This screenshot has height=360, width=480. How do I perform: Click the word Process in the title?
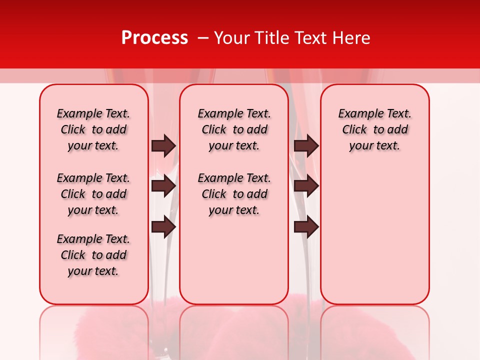tap(154, 38)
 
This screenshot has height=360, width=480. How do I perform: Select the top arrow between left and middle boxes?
tap(163, 145)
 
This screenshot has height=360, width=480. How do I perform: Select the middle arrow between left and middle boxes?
tap(163, 186)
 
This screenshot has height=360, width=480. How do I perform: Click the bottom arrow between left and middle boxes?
tap(163, 227)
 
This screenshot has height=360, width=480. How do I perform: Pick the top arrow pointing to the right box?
tap(306, 145)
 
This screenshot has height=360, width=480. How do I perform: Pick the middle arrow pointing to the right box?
tap(306, 186)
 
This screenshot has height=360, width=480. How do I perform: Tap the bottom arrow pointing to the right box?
tap(306, 227)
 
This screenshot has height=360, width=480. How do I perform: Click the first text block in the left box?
tap(93, 129)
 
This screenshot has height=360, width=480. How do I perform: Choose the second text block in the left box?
tap(93, 194)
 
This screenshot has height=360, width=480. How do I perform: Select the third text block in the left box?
tap(93, 255)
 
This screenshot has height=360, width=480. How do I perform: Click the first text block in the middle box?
tap(234, 129)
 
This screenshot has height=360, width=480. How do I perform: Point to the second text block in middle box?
tap(234, 194)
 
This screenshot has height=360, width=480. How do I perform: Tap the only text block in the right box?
tap(375, 129)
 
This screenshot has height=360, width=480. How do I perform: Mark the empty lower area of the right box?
tap(375, 235)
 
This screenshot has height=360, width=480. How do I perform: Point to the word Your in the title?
tap(231, 38)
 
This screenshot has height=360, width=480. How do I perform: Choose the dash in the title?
tap(202, 38)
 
